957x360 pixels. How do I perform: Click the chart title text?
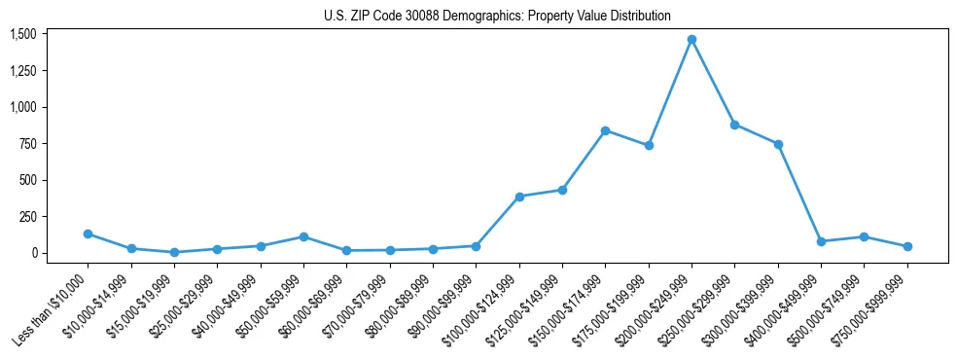click(497, 17)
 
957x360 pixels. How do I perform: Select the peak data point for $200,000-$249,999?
click(691, 40)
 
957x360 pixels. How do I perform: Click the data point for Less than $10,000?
click(88, 234)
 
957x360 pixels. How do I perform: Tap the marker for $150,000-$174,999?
click(605, 130)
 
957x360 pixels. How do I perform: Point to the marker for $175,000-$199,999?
click(649, 145)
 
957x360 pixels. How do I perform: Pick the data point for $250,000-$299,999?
click(734, 125)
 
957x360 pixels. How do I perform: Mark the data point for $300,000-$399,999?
click(778, 144)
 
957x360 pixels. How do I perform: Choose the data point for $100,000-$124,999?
click(519, 197)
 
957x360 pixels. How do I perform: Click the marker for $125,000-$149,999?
click(562, 190)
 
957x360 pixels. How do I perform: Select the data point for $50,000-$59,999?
click(303, 236)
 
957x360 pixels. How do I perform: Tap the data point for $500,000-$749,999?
click(864, 236)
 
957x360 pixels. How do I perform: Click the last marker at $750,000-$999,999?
click(907, 246)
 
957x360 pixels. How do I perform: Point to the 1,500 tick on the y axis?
click(23, 34)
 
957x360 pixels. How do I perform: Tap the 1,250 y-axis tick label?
click(23, 71)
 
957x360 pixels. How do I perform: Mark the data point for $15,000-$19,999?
click(174, 252)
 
